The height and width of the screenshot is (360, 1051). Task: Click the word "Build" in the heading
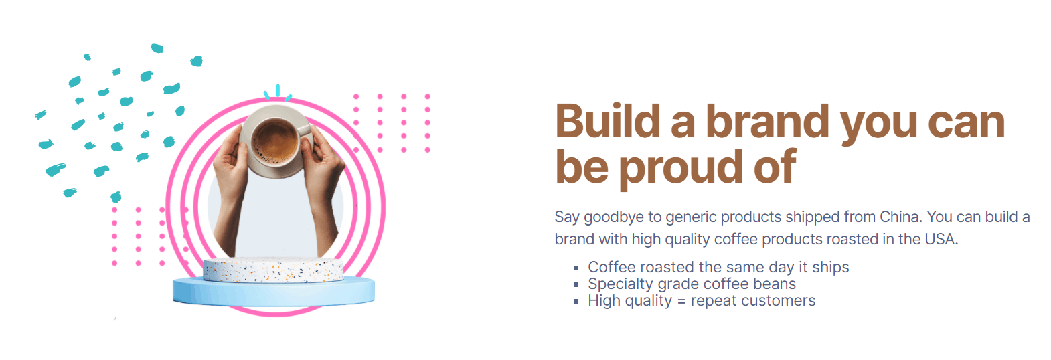608,121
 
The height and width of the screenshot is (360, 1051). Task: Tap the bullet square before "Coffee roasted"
576,268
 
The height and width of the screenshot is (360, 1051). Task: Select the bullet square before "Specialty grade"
576,285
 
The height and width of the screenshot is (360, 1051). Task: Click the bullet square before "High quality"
576,302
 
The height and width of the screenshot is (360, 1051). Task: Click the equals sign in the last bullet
681,301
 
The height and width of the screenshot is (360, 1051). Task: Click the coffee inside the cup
275,141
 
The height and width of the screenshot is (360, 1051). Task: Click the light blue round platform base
274,292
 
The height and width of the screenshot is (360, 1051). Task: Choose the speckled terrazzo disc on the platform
274,270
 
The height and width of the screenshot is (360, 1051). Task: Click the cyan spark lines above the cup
278,92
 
